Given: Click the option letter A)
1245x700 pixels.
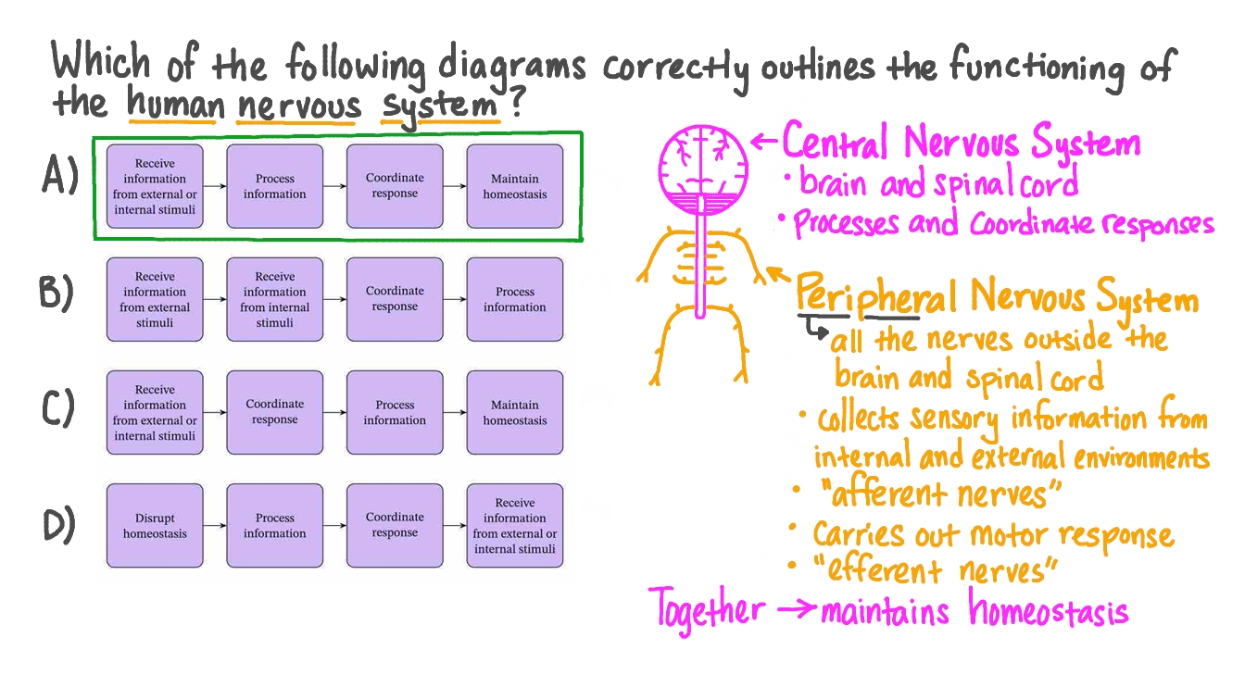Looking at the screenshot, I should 60,176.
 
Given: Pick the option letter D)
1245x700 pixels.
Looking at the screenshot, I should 60,525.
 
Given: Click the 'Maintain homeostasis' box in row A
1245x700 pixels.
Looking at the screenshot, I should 514,186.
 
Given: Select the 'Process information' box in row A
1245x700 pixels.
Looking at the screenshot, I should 274,186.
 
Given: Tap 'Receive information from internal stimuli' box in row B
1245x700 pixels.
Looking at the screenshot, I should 274,300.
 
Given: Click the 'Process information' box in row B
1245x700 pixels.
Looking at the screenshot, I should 514,300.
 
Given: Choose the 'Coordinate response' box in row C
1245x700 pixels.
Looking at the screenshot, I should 274,412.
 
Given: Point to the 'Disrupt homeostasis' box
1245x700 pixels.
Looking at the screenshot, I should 155,526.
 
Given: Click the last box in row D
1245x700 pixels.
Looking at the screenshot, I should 514,526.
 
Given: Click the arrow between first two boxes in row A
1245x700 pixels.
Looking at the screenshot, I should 214,186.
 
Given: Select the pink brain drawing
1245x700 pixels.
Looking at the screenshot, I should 702,167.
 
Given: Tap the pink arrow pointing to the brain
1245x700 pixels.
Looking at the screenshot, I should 763,142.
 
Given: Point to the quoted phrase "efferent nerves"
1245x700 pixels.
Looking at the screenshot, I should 936,569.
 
